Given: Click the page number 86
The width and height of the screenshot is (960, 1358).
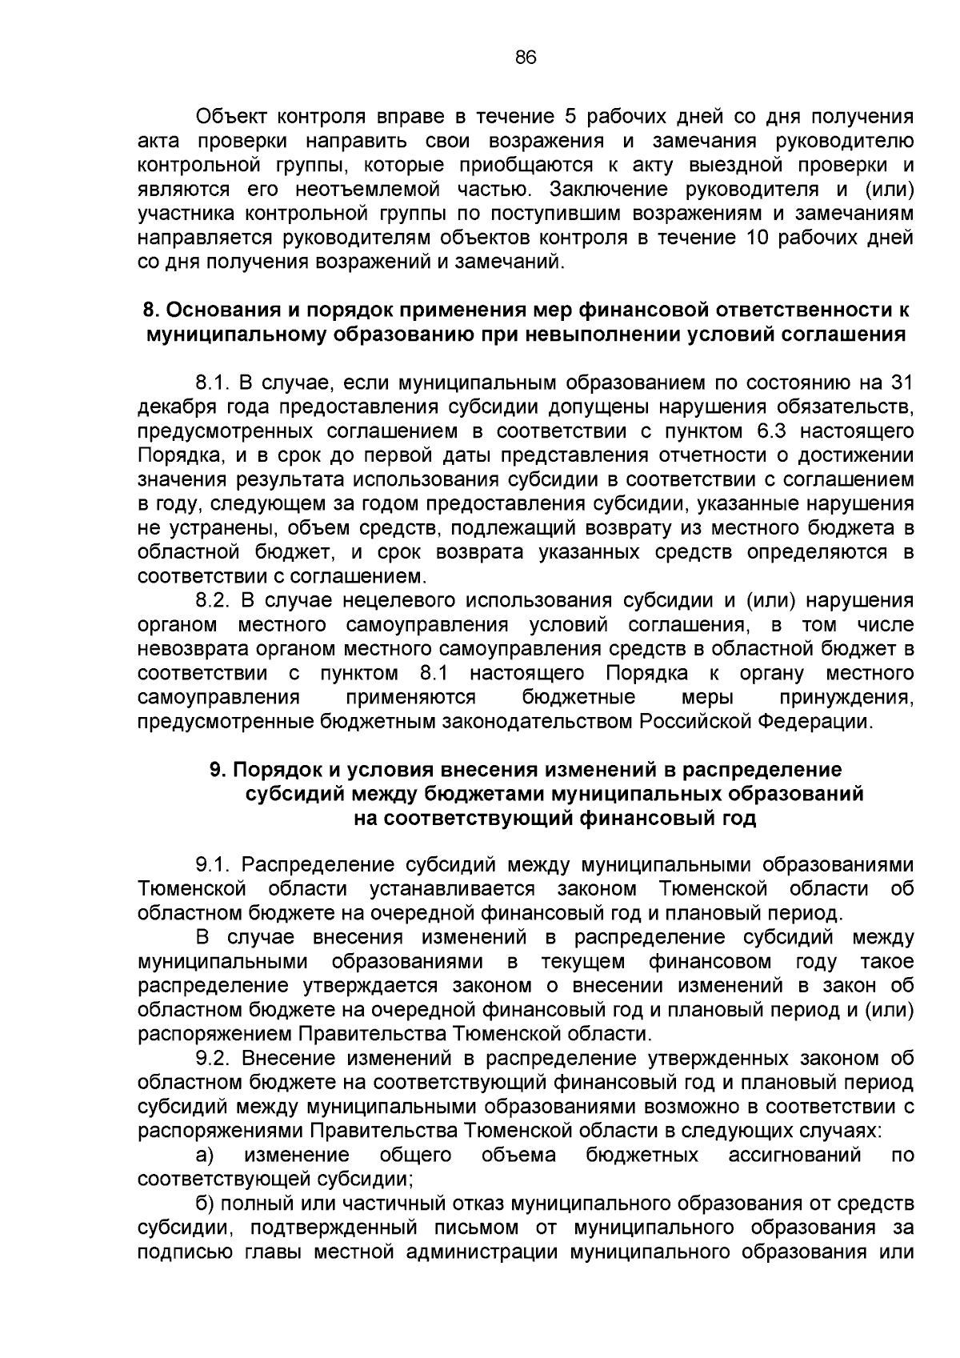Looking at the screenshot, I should (x=526, y=58).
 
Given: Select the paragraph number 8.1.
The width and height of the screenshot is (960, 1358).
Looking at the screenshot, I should (x=212, y=383).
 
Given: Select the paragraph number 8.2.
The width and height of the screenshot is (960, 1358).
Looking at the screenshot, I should (x=212, y=600).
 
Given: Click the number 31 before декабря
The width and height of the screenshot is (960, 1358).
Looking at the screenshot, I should (x=902, y=383).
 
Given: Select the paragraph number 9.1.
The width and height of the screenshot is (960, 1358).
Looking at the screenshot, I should (x=212, y=864).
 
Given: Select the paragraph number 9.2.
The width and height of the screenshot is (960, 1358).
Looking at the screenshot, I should (x=212, y=1058).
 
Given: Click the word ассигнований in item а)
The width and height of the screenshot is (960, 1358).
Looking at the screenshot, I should (x=794, y=1155).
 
